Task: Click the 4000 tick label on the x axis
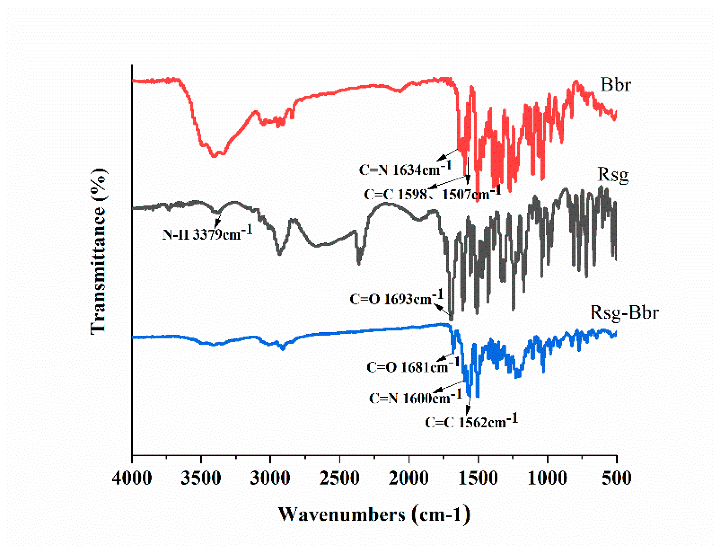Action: pyautogui.click(x=132, y=478)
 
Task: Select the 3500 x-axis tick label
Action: pyautogui.click(x=201, y=478)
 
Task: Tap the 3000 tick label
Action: pyautogui.click(x=270, y=478)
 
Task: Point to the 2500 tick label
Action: pyautogui.click(x=339, y=478)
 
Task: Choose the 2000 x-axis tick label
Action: pyautogui.click(x=409, y=478)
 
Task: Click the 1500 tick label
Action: pyautogui.click(x=478, y=478)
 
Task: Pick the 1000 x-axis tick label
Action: pyautogui.click(x=547, y=478)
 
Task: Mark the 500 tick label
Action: pyautogui.click(x=616, y=478)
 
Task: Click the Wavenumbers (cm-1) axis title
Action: pyautogui.click(x=374, y=514)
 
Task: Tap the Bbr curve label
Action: pyautogui.click(x=615, y=85)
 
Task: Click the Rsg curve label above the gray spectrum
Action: pyautogui.click(x=613, y=174)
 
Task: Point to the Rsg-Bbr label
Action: pyautogui.click(x=624, y=312)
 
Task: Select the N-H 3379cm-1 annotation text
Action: pyautogui.click(x=207, y=233)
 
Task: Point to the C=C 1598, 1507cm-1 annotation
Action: pyautogui.click(x=432, y=193)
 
